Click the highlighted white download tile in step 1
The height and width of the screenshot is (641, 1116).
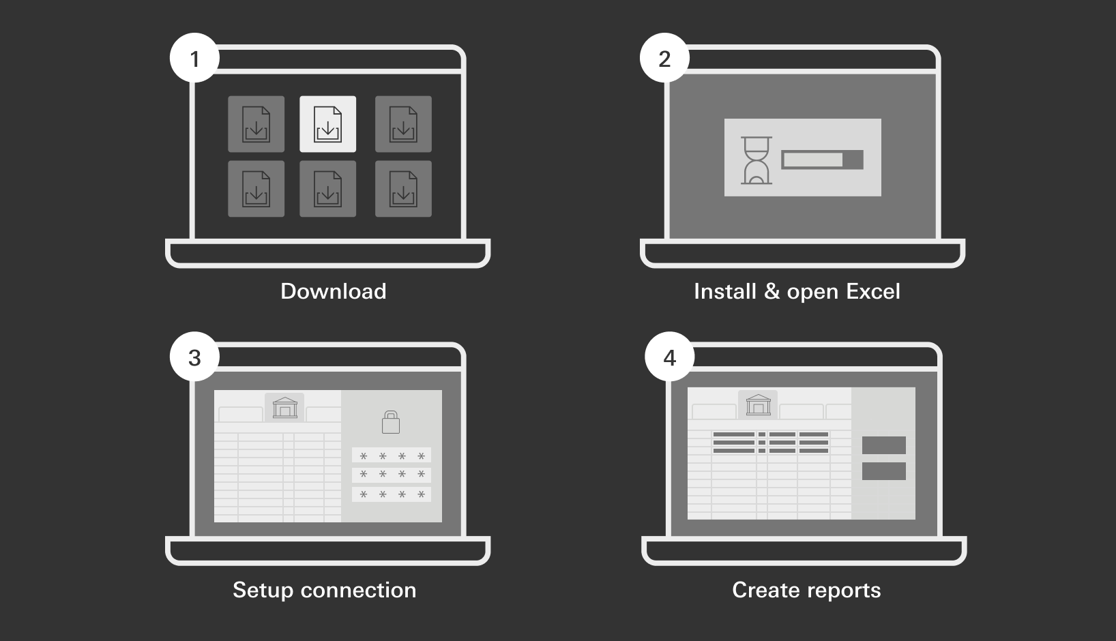[328, 124]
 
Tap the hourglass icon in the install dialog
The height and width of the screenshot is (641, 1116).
[757, 160]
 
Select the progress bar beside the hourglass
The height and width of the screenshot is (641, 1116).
[822, 160]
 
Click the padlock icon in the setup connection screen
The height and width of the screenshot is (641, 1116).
[391, 422]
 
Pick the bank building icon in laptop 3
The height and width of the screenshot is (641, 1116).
[285, 407]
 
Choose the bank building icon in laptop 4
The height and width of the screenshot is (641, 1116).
[759, 405]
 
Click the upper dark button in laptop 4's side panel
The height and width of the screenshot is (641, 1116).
[884, 445]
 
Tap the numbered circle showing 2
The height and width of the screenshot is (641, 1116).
[664, 58]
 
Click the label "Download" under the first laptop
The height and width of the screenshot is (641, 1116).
[334, 291]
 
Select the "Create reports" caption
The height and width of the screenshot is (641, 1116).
[806, 591]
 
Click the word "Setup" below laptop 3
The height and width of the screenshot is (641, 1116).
[263, 591]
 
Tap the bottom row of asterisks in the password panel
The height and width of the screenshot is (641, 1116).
[392, 494]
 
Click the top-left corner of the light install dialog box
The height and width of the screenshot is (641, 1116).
[724, 119]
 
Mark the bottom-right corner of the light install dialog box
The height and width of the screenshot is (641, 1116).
[881, 196]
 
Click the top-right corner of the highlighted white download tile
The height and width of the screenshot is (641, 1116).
[356, 95]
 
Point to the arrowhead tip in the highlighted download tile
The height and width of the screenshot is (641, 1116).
[328, 136]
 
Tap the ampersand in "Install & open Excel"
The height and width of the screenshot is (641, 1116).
[772, 291]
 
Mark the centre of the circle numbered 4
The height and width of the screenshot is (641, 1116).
[670, 357]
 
